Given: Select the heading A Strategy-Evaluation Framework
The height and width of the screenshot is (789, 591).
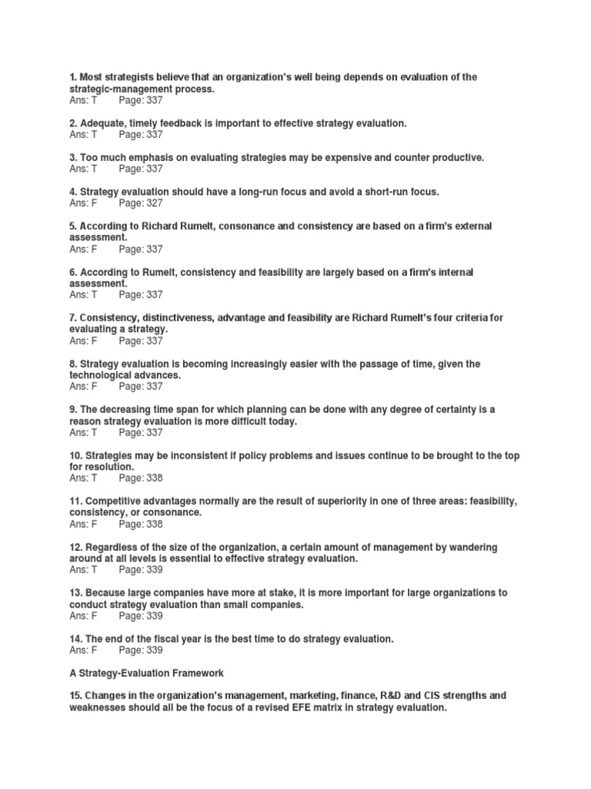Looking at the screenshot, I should (x=146, y=673).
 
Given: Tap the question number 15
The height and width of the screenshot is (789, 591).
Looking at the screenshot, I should (x=75, y=696).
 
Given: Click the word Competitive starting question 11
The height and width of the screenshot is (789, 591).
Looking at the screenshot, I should (x=119, y=502).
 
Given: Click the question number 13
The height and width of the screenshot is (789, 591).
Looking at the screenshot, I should (x=75, y=593).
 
